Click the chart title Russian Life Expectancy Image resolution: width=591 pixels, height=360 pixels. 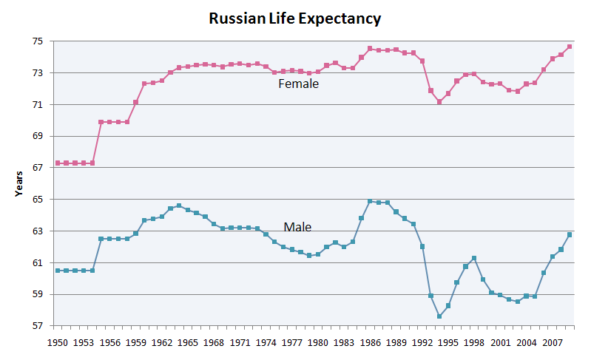(294, 18)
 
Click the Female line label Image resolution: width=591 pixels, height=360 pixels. (298, 84)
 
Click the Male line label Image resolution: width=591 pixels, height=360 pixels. (297, 226)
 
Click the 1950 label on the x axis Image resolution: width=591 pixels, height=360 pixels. (58, 343)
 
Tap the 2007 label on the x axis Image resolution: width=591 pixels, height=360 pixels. (552, 343)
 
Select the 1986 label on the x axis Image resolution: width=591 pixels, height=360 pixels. (370, 343)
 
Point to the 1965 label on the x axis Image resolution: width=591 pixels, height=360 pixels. (188, 343)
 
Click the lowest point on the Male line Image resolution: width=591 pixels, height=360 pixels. (439, 316)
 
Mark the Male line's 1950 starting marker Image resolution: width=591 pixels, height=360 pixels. (58, 271)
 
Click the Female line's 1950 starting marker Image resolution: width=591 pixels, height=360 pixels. (58, 163)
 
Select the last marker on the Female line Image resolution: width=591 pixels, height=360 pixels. (570, 47)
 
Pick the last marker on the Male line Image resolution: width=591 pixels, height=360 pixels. (570, 235)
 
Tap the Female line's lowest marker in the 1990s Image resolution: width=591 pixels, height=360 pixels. (439, 102)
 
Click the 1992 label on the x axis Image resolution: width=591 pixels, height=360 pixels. (422, 343)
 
